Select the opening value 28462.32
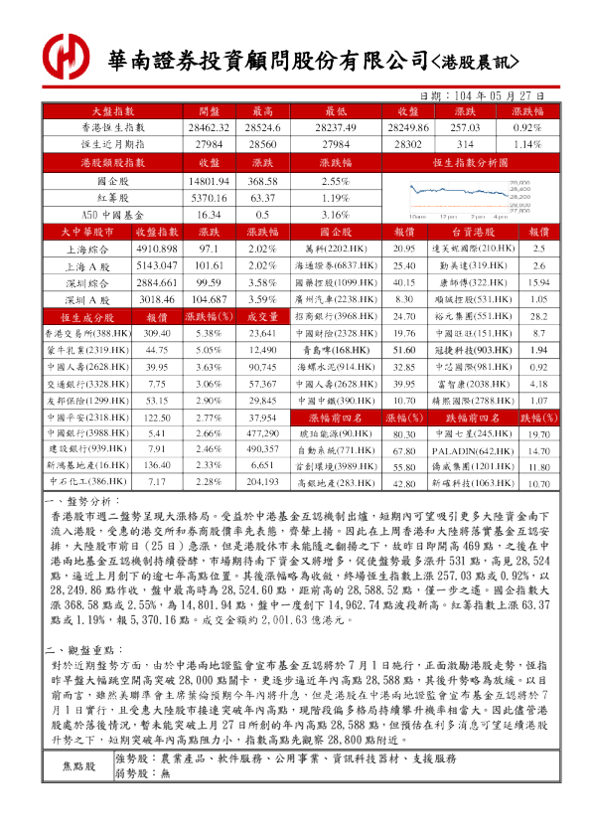(x=208, y=128)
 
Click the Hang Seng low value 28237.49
(x=335, y=128)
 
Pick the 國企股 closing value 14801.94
(x=208, y=182)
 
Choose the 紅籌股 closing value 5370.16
(x=208, y=198)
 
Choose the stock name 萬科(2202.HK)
(x=335, y=249)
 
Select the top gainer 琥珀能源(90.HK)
(x=335, y=434)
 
